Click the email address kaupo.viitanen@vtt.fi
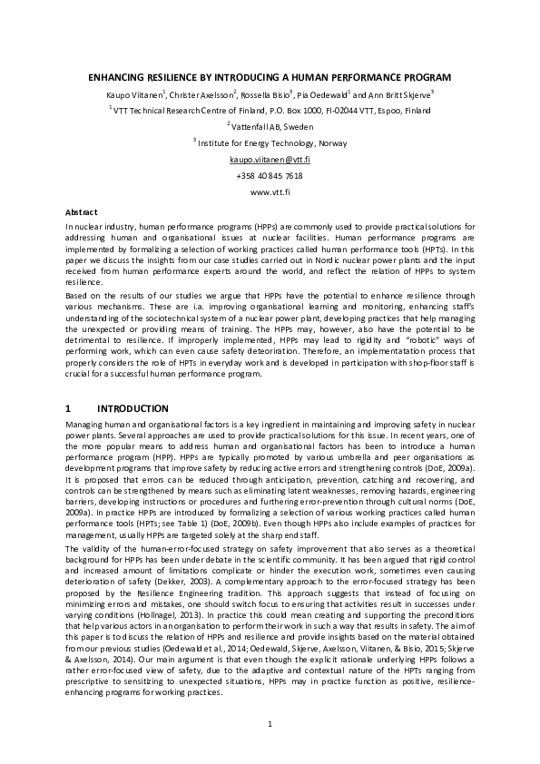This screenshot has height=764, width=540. [270, 159]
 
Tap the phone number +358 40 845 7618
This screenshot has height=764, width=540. [270, 175]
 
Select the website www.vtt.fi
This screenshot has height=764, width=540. [270, 191]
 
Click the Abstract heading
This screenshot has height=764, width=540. [83, 211]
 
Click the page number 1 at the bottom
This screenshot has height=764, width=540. [270, 722]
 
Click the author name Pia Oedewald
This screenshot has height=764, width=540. [321, 94]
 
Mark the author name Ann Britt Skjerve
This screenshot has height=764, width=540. [398, 94]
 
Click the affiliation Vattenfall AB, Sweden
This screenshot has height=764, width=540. [272, 127]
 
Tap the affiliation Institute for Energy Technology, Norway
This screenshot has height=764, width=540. [271, 143]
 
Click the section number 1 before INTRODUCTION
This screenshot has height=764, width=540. [70, 408]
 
